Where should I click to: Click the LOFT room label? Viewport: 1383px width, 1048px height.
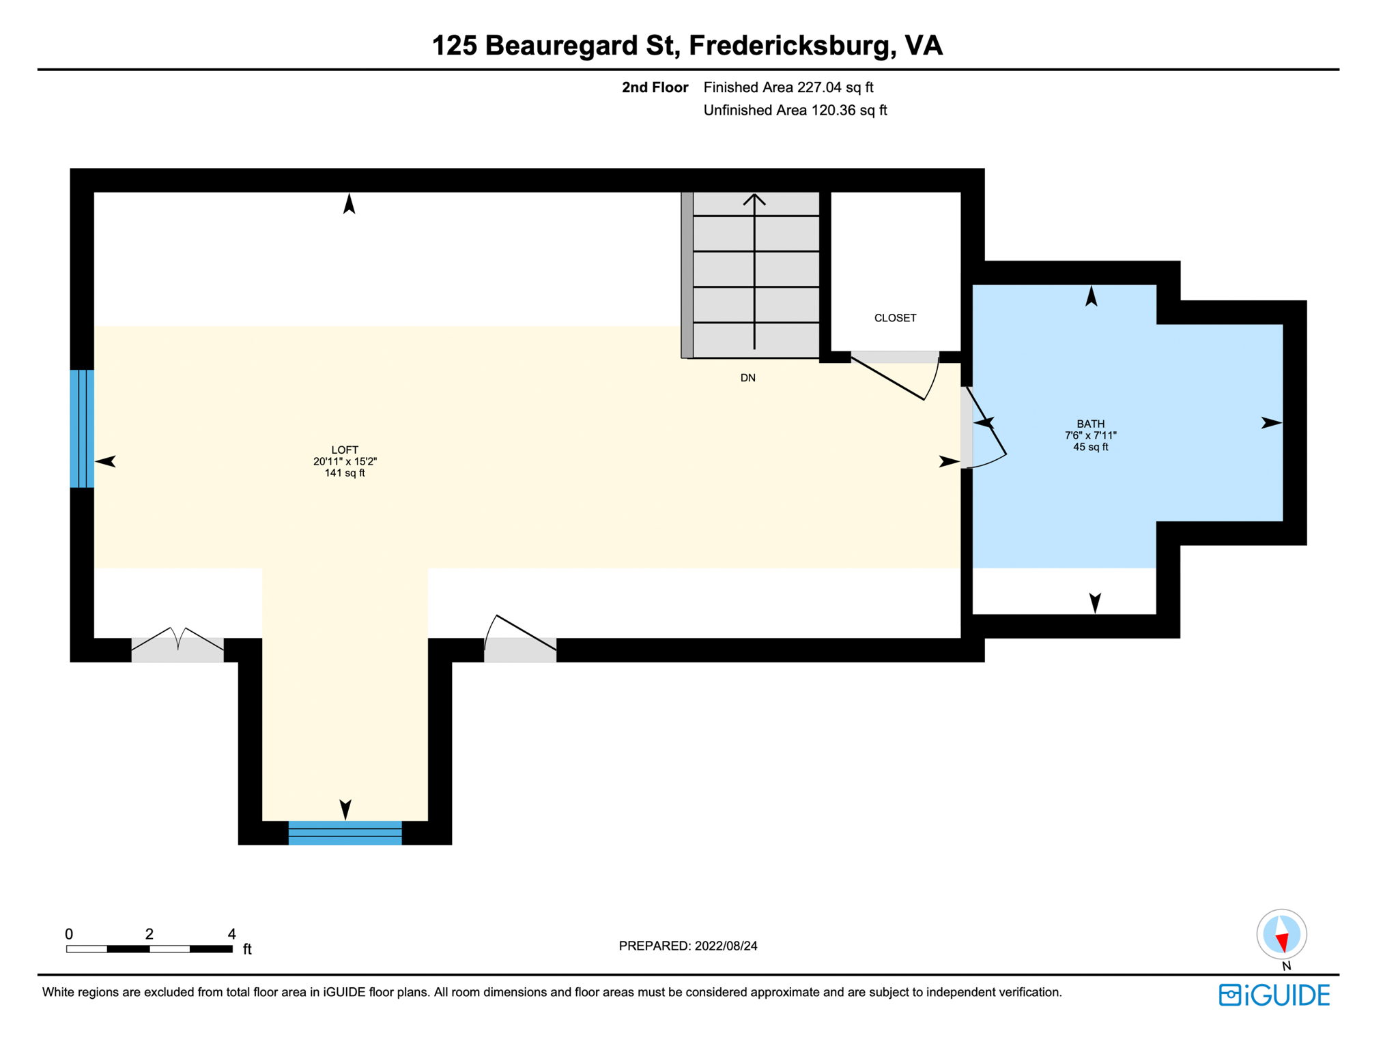pos(345,450)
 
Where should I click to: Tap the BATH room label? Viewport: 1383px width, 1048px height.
pos(1090,424)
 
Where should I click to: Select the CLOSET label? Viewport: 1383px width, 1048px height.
pos(895,318)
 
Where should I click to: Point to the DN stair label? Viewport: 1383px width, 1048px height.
pos(747,378)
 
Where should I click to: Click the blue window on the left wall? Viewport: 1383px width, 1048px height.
pos(82,428)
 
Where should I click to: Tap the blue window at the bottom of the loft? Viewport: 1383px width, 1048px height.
pos(345,833)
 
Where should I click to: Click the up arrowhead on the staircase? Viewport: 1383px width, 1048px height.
pos(754,199)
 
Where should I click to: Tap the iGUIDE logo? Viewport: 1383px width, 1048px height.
pos(1274,995)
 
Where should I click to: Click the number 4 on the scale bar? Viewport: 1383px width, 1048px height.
pos(231,933)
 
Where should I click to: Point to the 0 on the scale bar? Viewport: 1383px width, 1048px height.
pos(69,933)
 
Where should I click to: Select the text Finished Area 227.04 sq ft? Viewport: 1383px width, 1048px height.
pos(788,87)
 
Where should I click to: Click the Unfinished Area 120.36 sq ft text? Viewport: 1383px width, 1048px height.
pos(795,111)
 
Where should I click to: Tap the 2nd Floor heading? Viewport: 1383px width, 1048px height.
pos(655,87)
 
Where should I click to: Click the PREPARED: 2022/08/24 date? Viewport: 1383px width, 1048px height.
pos(688,946)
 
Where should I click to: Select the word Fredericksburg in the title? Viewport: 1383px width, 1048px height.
pos(791,46)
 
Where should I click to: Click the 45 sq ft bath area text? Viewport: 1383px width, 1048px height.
pos(1090,447)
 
